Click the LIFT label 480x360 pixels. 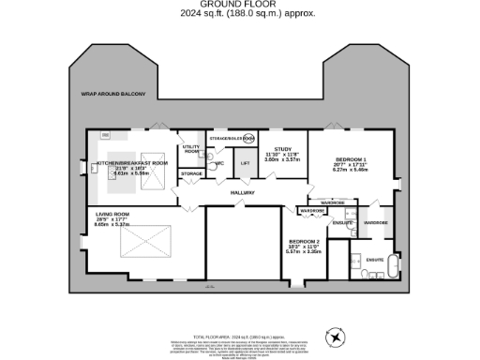(x=245, y=163)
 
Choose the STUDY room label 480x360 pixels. (x=281, y=149)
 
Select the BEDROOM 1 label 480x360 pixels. (x=349, y=159)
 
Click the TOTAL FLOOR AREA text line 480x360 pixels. (x=239, y=335)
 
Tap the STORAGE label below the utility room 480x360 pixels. (x=191, y=174)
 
